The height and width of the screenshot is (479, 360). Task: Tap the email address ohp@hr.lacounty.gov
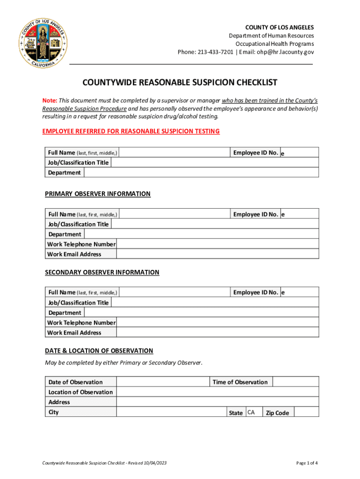[x=285, y=52]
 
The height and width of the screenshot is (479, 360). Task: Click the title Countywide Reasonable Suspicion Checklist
[x=180, y=83]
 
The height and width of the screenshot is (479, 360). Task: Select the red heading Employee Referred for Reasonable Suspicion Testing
[x=131, y=131]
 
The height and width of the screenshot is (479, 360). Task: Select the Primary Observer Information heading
[x=98, y=194]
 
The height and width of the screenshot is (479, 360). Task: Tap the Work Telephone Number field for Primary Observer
[x=217, y=244]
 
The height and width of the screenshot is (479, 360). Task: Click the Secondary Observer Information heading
[x=102, y=272]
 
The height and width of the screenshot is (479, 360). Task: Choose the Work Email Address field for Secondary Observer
[x=217, y=333]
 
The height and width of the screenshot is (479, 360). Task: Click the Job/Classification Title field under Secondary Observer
[x=215, y=303]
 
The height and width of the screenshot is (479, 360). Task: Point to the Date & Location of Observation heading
[x=99, y=351]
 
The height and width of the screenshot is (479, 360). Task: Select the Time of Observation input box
[x=295, y=382]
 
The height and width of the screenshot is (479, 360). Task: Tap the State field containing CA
[x=253, y=412]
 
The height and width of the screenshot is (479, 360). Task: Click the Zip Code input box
[x=306, y=412]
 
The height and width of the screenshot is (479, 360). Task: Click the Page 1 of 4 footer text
[x=307, y=463]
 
